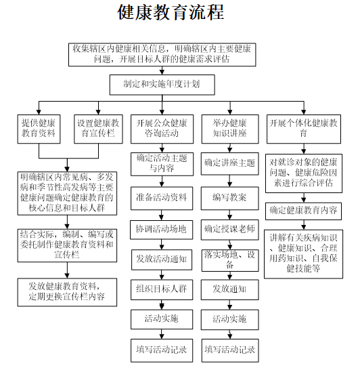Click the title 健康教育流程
click(171, 12)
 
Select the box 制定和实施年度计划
click(162, 85)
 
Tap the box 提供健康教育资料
click(39, 129)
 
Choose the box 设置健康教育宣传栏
click(98, 129)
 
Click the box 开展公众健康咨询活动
click(162, 129)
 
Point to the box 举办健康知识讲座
click(230, 129)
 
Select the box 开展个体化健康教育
click(304, 129)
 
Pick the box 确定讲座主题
click(230, 164)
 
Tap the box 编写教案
click(230, 199)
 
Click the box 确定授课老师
click(230, 230)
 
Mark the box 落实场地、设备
click(230, 260)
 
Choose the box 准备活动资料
click(162, 199)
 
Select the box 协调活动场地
click(161, 230)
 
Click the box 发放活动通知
click(162, 259)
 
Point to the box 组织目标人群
click(162, 290)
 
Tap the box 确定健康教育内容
click(304, 211)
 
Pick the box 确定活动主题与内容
click(162, 165)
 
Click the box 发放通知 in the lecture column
click(230, 290)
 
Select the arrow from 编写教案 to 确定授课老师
click(229, 215)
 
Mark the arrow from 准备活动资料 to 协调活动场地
click(162, 215)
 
